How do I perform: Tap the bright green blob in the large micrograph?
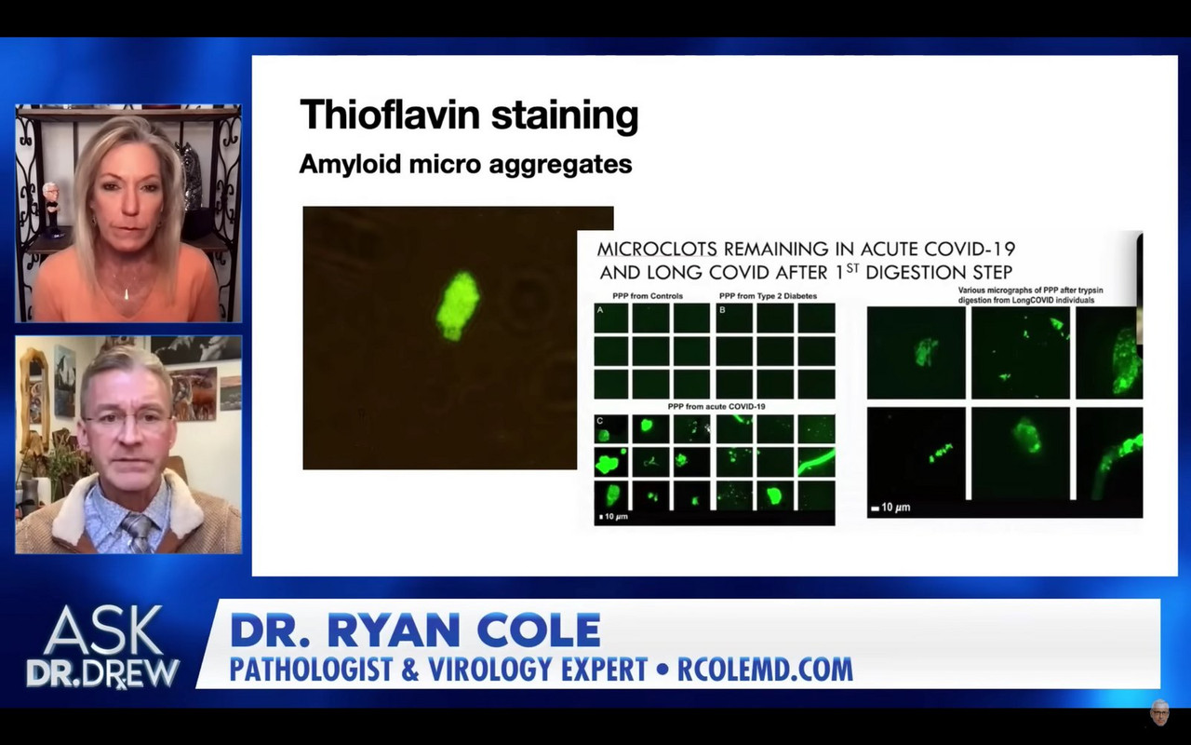[457, 305]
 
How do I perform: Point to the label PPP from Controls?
[648, 296]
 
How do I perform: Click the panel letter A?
[601, 311]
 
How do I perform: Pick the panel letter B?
[721, 311]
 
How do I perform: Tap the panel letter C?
[601, 422]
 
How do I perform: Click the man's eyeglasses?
[127, 420]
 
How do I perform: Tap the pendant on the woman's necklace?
[127, 294]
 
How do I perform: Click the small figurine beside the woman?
[51, 206]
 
